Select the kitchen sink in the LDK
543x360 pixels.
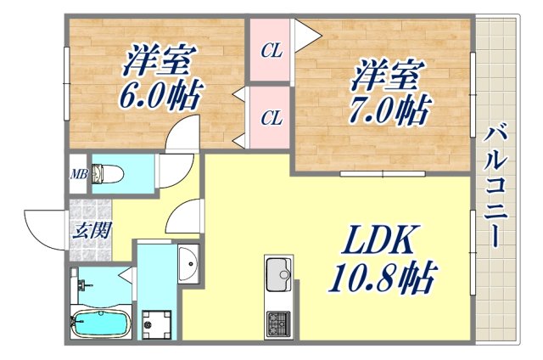click(x=278, y=274)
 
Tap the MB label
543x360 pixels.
click(x=79, y=176)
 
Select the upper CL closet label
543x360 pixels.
click(x=271, y=51)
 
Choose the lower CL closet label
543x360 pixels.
click(x=271, y=118)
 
